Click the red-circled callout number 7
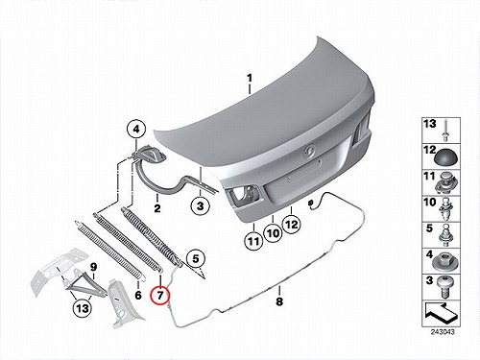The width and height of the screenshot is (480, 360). click(160, 294)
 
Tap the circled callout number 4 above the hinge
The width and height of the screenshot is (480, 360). click(136, 130)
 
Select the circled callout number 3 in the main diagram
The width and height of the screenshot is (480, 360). click(200, 205)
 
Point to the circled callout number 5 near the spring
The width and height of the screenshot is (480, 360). click(196, 258)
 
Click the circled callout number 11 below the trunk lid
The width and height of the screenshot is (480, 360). click(253, 241)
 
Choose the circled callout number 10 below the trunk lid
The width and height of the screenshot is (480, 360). click(273, 233)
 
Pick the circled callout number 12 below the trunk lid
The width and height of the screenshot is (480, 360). click(292, 225)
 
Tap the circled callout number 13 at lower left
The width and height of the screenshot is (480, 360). click(82, 308)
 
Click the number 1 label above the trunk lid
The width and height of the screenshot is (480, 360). click(250, 78)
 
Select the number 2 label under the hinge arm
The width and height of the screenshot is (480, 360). click(157, 208)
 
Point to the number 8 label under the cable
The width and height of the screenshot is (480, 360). click(279, 301)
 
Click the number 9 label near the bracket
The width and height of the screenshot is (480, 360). click(93, 267)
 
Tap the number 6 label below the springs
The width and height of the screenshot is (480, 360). click(138, 295)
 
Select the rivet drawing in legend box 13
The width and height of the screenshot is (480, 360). click(445, 131)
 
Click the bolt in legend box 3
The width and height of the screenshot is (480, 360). click(444, 286)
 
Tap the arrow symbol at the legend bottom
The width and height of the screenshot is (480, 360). click(441, 313)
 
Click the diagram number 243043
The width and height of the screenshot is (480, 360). click(443, 332)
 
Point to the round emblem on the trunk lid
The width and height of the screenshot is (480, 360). click(309, 153)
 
